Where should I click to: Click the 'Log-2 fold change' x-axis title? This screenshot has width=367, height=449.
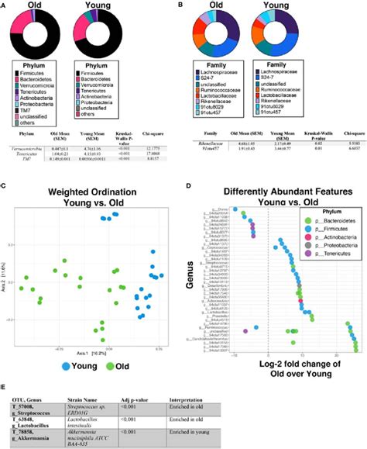click(275, 357)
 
